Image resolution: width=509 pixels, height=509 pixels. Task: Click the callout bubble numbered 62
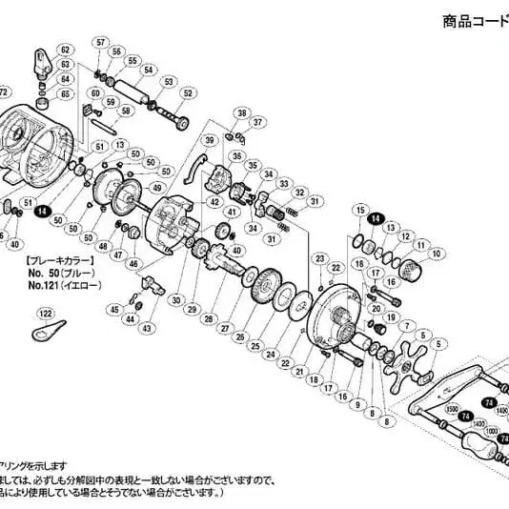tap(66, 49)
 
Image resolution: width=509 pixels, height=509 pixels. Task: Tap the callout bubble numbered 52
tap(188, 93)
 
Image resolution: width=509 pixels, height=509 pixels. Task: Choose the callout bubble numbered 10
tap(437, 254)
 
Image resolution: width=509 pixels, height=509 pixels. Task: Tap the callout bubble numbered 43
tap(147, 328)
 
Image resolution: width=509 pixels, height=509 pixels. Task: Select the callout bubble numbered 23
tap(320, 258)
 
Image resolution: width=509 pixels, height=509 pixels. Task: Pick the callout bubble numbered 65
tap(66, 94)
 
